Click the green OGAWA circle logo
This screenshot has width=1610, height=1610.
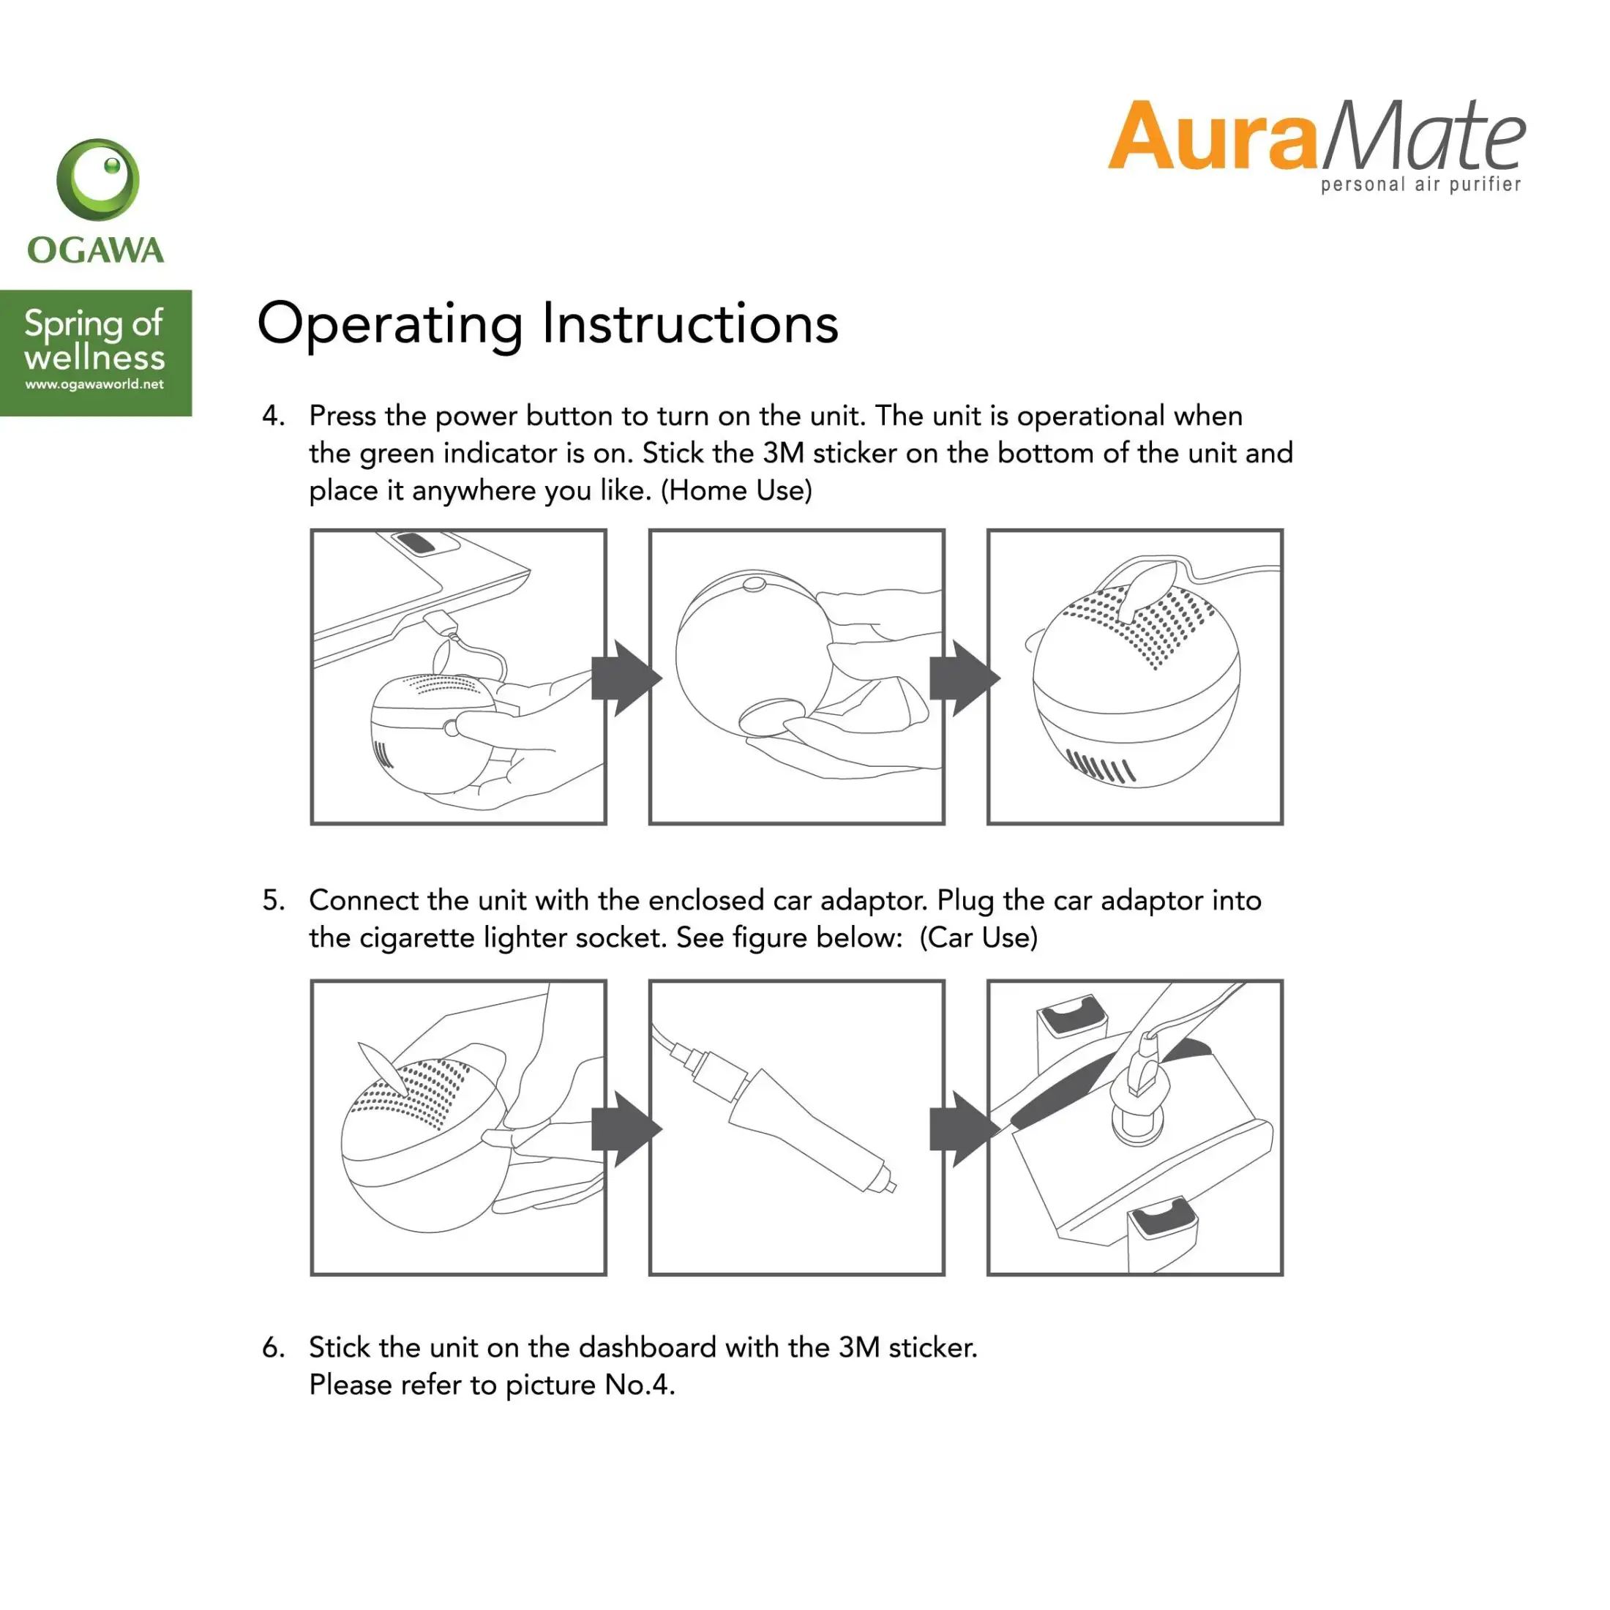point(97,180)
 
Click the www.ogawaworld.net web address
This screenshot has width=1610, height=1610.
point(94,385)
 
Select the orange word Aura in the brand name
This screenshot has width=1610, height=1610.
point(1213,136)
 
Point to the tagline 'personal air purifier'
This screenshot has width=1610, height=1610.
point(1421,184)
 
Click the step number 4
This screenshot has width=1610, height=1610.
point(273,416)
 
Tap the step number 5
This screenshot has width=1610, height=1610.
point(273,901)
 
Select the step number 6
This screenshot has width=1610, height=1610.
point(273,1347)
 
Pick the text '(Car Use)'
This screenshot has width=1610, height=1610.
point(979,938)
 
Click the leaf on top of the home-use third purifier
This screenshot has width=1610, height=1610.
point(1148,590)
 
